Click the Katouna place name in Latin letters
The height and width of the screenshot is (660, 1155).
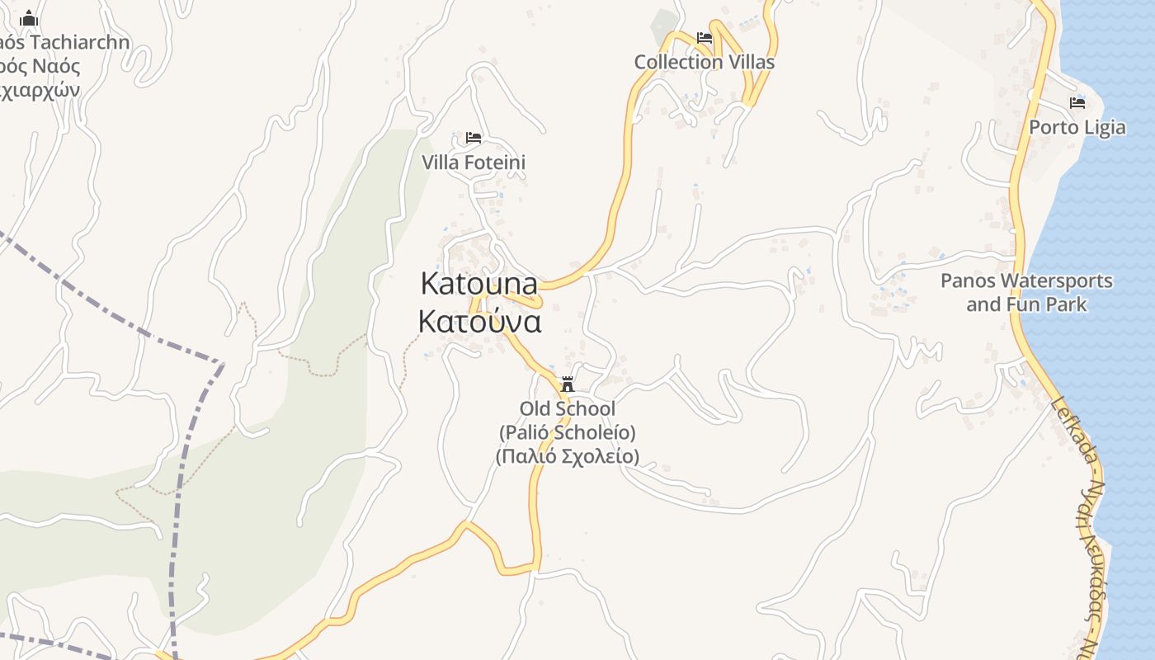tap(478, 283)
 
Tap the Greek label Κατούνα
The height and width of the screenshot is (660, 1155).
tap(479, 321)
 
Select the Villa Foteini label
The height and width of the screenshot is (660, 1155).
tap(474, 163)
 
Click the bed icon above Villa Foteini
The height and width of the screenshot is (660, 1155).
tap(474, 137)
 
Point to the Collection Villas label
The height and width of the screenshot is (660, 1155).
tap(704, 62)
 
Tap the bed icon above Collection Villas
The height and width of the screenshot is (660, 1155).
tap(705, 38)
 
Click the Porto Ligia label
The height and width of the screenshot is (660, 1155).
tap(1077, 127)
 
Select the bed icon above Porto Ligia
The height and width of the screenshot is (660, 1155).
tap(1077, 102)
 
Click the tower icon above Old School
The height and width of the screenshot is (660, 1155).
tap(568, 384)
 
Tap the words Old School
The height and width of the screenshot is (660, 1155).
tap(568, 408)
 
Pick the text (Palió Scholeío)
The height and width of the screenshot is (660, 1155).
tap(568, 432)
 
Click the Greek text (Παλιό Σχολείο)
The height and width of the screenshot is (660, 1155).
tap(568, 456)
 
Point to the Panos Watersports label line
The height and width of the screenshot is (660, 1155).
tap(1026, 281)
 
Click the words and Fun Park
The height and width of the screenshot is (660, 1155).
tap(1026, 304)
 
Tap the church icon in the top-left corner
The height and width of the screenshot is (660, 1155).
tap(30, 18)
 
